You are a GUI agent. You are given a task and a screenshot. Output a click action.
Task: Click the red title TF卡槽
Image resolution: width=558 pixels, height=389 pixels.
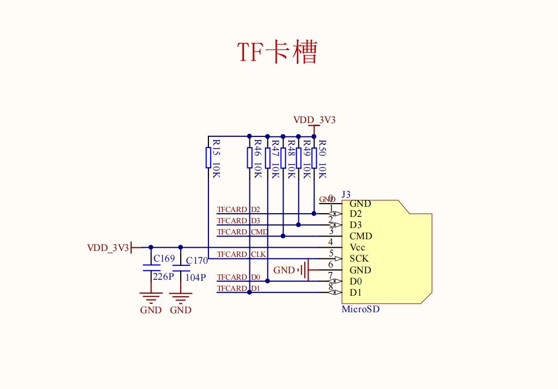point(277,52)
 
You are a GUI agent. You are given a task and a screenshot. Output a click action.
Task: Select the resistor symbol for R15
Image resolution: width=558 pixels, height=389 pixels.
point(208,158)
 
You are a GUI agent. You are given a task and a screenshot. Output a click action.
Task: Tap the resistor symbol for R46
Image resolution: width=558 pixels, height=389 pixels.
point(249,158)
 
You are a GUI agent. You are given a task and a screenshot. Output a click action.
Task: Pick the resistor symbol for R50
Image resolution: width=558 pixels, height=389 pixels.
point(314,158)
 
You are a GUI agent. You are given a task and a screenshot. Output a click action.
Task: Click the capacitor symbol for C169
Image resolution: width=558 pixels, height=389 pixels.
point(151,268)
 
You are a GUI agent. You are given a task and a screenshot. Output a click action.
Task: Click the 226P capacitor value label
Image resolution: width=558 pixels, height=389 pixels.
point(163,277)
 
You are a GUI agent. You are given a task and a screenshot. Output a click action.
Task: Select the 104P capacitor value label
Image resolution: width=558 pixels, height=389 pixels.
point(196,278)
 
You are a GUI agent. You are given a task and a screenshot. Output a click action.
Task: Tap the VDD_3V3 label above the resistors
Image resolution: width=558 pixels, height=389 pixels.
point(314,120)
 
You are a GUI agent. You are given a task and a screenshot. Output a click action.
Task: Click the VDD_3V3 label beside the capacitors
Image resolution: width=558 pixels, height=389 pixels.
point(108,248)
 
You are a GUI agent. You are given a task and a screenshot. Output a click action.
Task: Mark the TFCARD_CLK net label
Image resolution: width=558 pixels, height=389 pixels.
point(241,255)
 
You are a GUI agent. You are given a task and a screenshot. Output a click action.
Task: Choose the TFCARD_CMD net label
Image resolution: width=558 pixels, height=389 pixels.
point(242,232)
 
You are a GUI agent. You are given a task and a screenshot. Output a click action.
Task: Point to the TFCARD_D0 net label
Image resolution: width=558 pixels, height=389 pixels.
point(238,278)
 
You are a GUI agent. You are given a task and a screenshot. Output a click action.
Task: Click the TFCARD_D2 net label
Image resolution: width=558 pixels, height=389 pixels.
point(238,209)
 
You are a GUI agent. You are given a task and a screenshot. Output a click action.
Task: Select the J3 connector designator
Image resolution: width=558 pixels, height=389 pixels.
point(346,194)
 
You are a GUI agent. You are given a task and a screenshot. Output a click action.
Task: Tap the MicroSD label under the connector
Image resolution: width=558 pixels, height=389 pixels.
point(361,309)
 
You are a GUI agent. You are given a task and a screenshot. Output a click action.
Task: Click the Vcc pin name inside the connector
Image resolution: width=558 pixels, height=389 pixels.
point(358,247)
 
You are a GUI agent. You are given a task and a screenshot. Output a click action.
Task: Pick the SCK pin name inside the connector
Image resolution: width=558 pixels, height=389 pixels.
point(359,258)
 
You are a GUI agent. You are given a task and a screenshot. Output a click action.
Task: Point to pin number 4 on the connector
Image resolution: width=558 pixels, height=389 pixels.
point(331,242)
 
